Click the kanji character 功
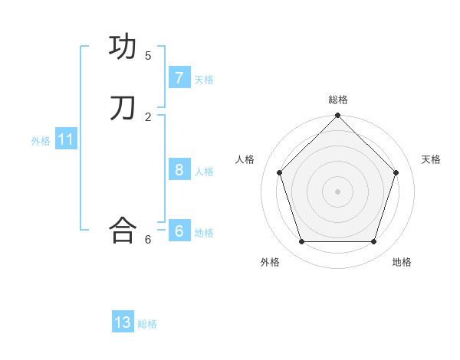tap(123, 47)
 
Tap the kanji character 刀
tap(123, 108)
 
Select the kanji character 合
tap(123, 230)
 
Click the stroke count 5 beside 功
tap(148, 56)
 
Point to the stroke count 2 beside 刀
tap(148, 117)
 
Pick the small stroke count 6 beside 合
tap(148, 240)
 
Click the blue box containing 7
tap(179, 78)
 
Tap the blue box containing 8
tap(179, 170)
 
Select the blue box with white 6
tap(179, 231)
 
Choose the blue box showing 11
tap(66, 139)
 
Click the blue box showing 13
tap(123, 322)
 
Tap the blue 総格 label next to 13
tap(147, 324)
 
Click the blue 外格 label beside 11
tap(41, 141)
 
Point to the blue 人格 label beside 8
tap(204, 172)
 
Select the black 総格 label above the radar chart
tap(338, 100)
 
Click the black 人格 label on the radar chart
tap(245, 159)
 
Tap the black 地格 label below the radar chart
tap(402, 262)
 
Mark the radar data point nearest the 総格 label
tap(338, 116)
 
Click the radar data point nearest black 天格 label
tap(396, 172)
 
